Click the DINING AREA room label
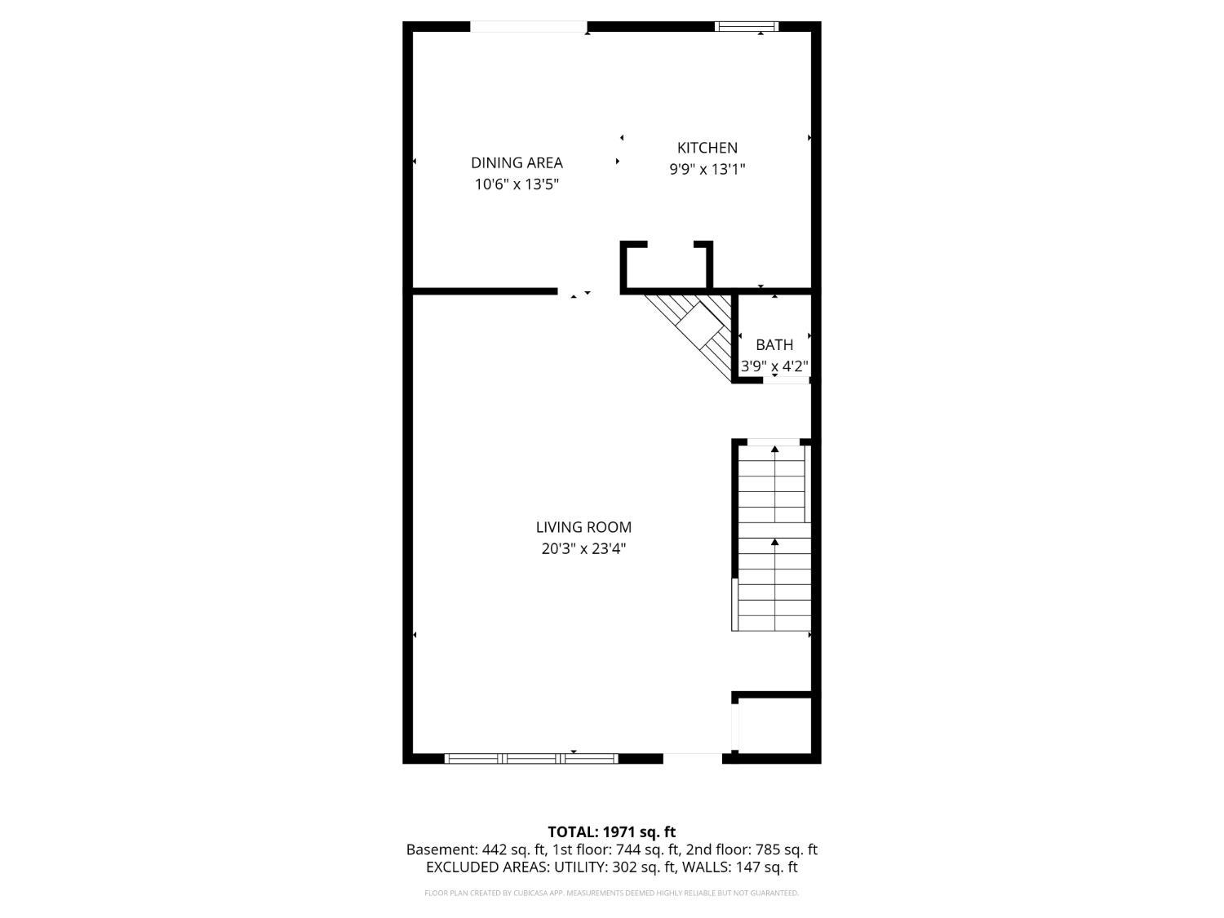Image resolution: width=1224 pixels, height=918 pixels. click(517, 162)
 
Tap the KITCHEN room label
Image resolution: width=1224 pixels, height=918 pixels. click(707, 148)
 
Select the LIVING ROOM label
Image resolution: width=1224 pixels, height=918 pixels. click(583, 527)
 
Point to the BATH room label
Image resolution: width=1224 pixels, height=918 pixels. click(774, 344)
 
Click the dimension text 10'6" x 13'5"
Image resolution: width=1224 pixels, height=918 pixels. click(517, 184)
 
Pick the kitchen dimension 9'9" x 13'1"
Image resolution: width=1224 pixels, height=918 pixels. click(707, 170)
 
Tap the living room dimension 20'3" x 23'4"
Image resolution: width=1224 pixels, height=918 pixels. click(583, 548)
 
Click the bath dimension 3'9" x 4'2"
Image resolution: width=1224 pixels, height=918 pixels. click(774, 366)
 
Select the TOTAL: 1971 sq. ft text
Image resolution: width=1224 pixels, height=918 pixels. click(611, 832)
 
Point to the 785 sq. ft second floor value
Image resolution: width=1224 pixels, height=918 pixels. click(785, 849)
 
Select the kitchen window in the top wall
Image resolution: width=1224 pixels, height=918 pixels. click(747, 27)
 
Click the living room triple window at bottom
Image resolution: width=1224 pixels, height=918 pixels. click(531, 758)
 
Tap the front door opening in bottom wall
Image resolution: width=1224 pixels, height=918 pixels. click(692, 758)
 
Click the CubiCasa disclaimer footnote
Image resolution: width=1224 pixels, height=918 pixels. click(611, 893)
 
